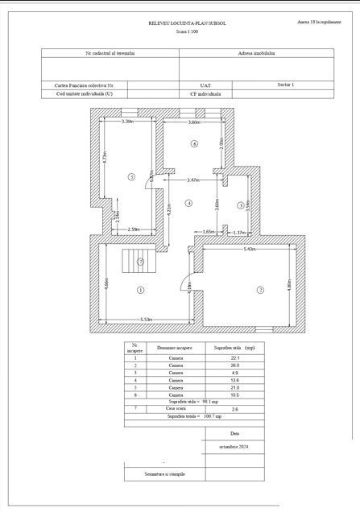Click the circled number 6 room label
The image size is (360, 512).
(194, 143)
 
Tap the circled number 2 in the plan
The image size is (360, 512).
(260, 290)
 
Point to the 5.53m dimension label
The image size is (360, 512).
(147, 320)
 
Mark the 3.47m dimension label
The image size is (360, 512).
(193, 180)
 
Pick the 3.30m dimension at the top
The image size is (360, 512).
(127, 122)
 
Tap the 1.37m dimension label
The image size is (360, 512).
(238, 233)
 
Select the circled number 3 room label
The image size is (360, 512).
(240, 205)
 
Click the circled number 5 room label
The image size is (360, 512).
(131, 175)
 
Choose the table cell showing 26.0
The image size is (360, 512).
(234, 365)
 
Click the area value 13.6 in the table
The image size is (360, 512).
(234, 379)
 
